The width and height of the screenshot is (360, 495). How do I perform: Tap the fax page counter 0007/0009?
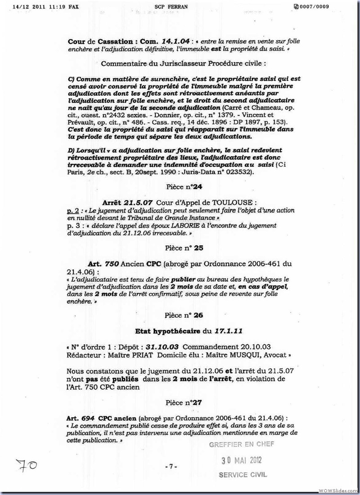tap(311, 7)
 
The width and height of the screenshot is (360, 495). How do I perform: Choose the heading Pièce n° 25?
tap(180, 248)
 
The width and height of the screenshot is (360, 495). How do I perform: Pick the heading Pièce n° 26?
tap(180, 315)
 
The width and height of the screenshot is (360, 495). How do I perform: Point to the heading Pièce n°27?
tap(180, 403)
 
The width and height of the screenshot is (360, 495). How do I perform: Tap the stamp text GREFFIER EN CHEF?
tap(241, 445)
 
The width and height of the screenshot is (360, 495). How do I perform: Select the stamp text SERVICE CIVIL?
tap(242, 475)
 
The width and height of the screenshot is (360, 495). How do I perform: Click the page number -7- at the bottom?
tap(171, 466)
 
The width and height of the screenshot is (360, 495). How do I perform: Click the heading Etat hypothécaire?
tap(167, 331)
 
